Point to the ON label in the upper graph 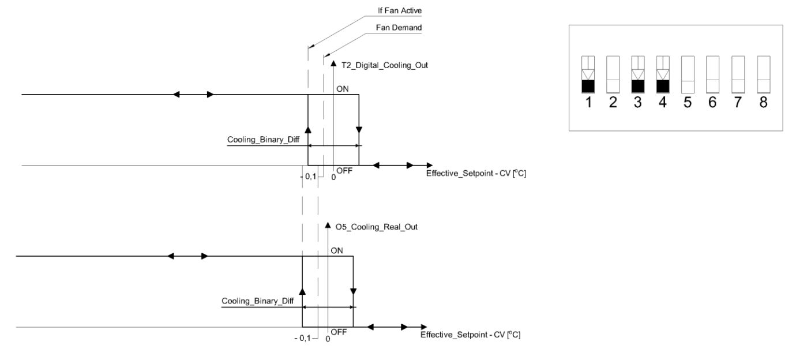[342, 88]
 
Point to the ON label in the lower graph [336, 250]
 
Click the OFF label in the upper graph [345, 171]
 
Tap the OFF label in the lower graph [339, 332]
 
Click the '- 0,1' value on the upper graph [310, 177]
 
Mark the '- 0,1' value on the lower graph [304, 338]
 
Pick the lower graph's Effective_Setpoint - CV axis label [471, 335]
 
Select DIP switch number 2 [613, 74]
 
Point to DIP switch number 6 [713, 74]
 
